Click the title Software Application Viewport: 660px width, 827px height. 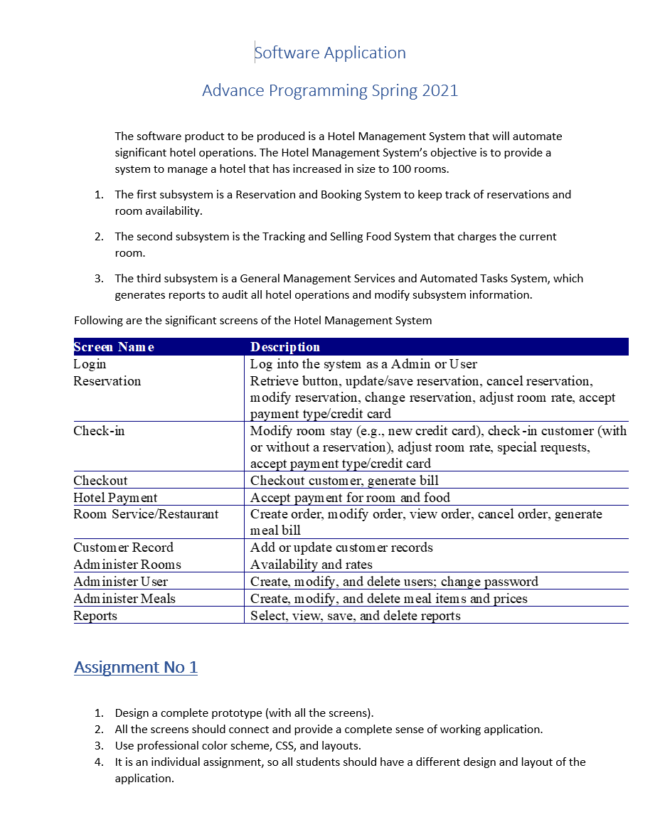click(330, 53)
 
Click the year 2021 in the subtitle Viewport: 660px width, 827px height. click(440, 91)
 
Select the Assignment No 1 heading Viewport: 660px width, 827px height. click(136, 667)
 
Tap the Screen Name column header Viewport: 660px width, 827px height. click(114, 347)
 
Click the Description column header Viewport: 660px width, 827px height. click(285, 347)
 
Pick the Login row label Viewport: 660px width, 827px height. click(90, 364)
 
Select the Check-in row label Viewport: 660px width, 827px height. click(99, 431)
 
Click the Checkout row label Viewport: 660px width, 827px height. click(100, 481)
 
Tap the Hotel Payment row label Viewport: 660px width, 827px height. click(115, 498)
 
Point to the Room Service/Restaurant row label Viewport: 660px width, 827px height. click(146, 514)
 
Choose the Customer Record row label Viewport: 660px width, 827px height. click(123, 548)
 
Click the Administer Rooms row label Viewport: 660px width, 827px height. click(127, 565)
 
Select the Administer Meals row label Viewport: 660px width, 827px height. click(124, 599)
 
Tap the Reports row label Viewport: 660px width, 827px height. click(95, 616)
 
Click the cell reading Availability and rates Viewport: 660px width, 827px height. click(312, 565)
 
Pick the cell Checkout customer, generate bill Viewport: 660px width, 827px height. click(344, 481)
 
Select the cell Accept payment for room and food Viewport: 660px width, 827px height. click(350, 498)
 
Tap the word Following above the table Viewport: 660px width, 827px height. click(97, 321)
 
